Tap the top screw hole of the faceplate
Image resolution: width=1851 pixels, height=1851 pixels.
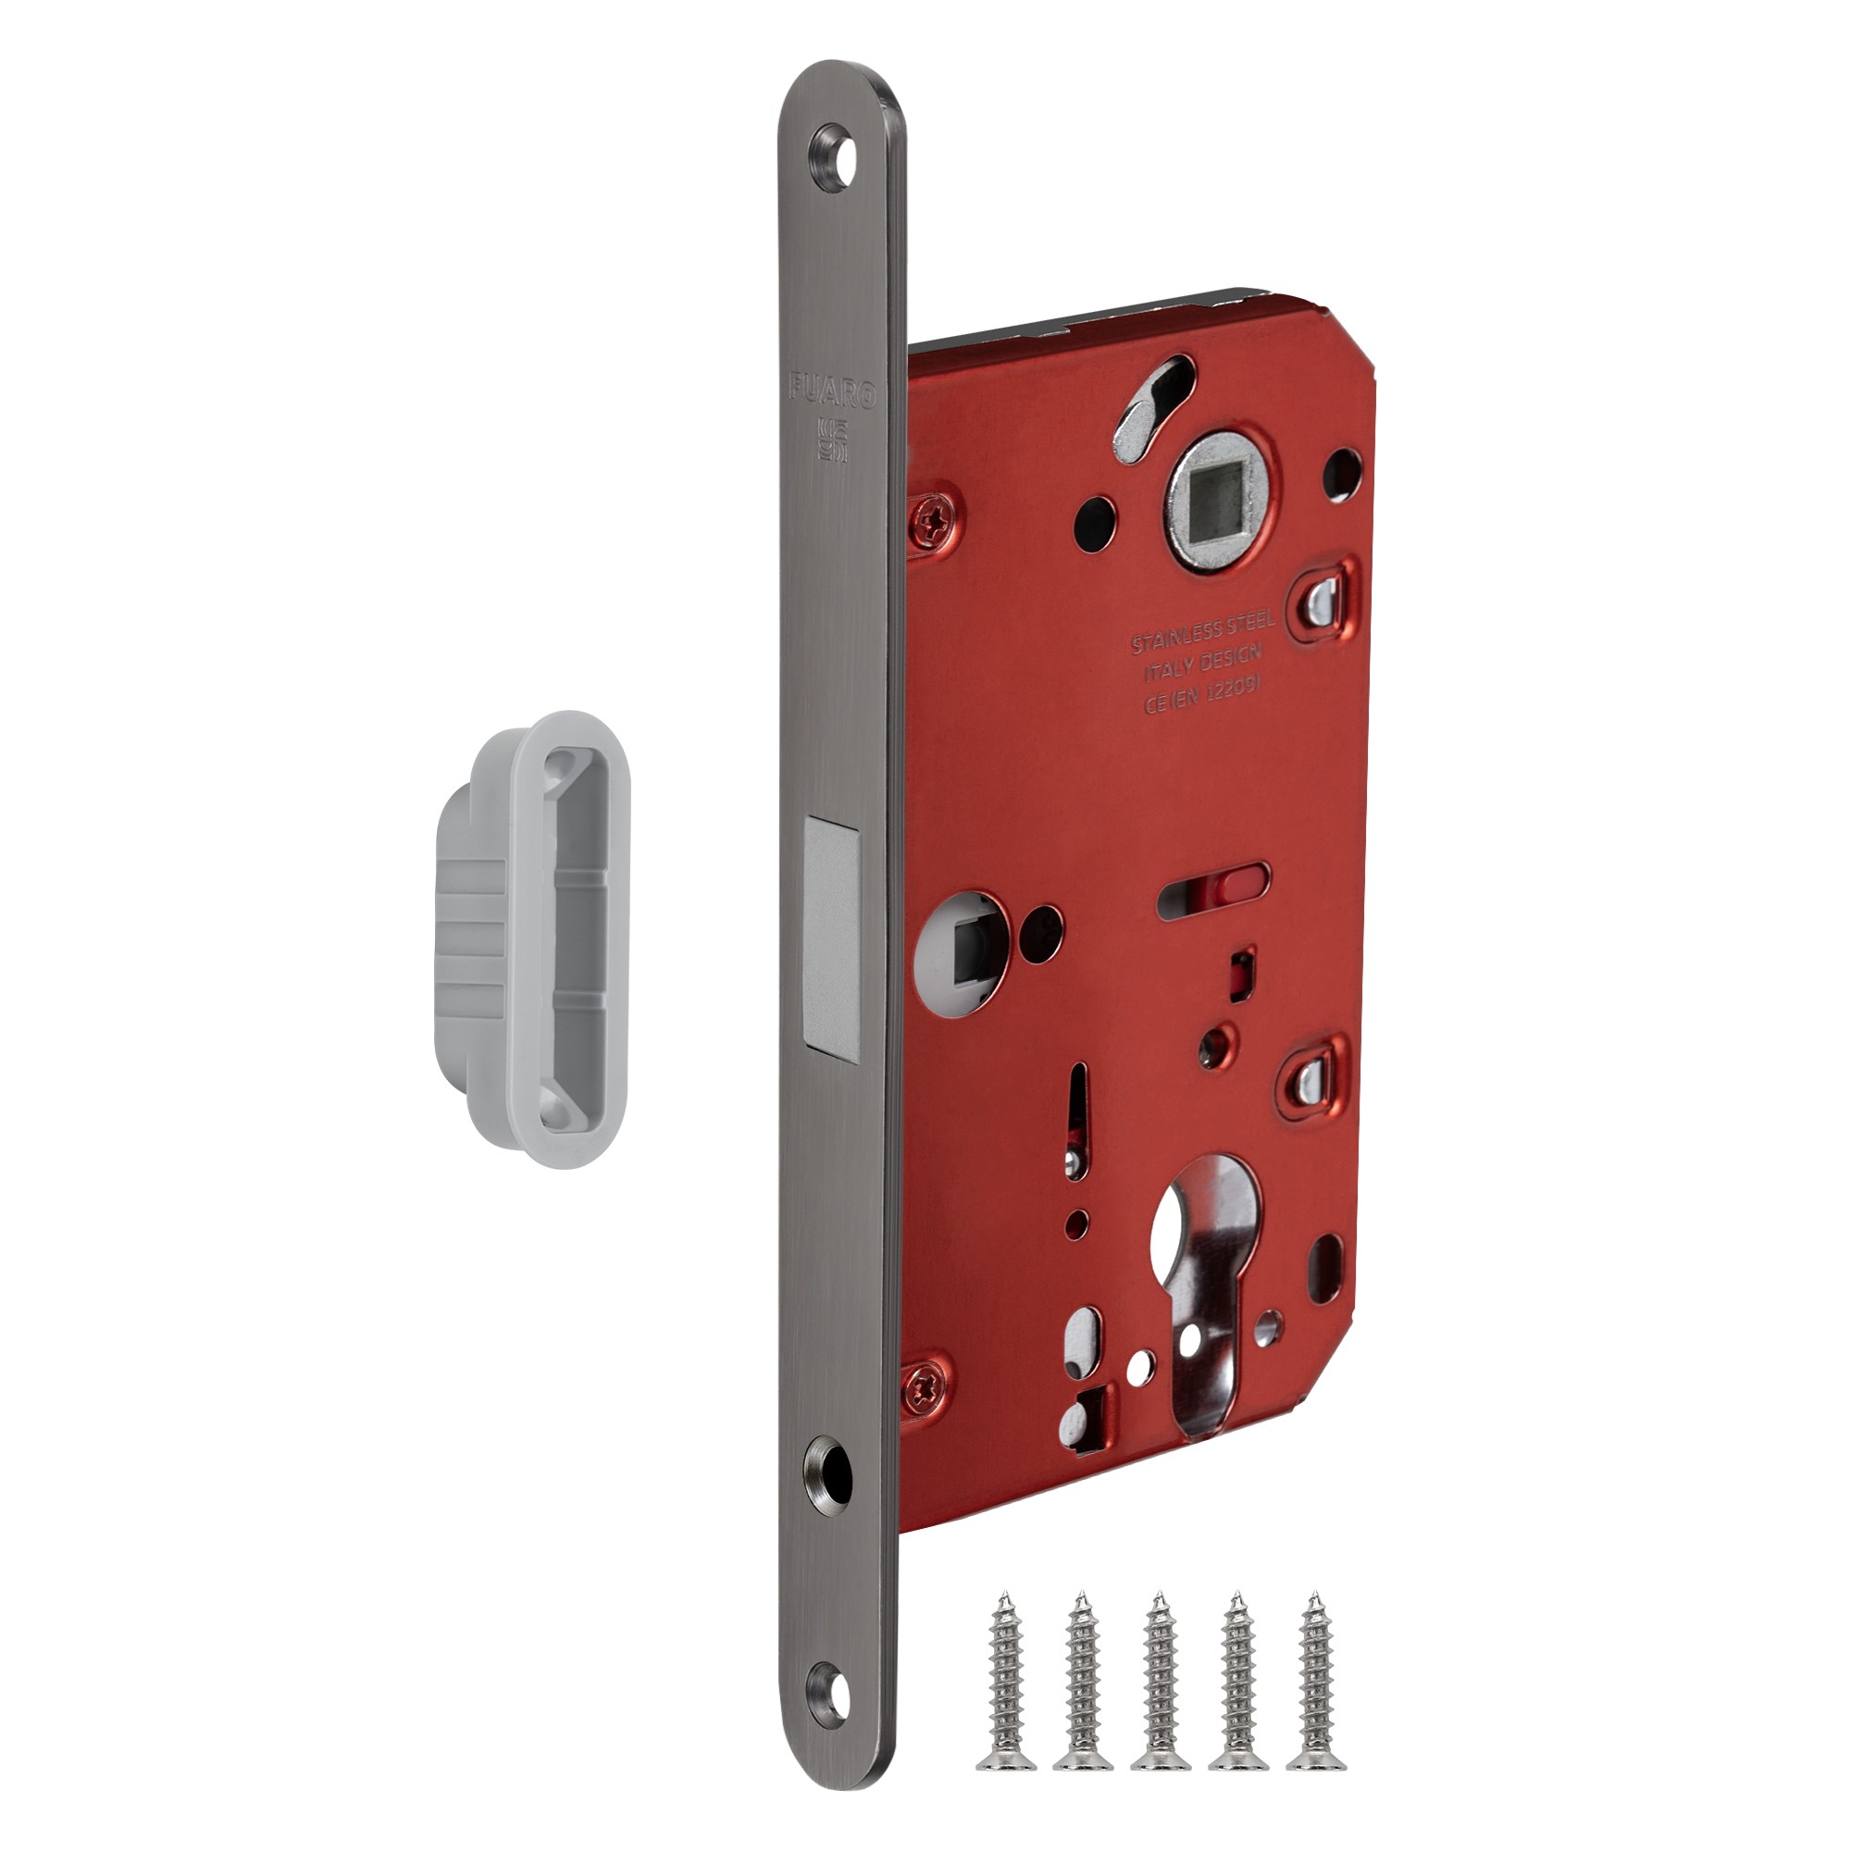pyautogui.click(x=834, y=155)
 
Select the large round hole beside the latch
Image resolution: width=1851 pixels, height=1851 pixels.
pyautogui.click(x=960, y=952)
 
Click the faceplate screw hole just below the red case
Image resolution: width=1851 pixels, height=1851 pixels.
pyautogui.click(x=828, y=1467)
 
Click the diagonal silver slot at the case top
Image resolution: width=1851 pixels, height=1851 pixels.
pyautogui.click(x=1153, y=404)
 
